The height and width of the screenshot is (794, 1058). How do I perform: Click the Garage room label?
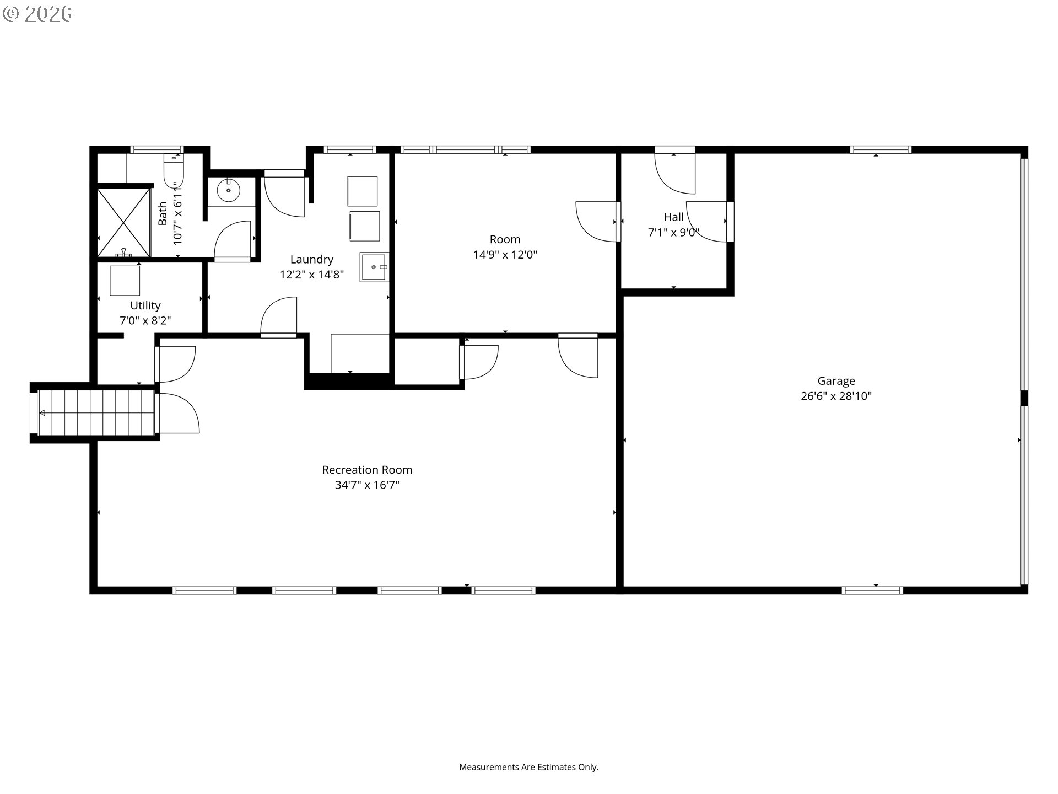(836, 380)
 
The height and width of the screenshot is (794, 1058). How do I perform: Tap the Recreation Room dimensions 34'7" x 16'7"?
(367, 485)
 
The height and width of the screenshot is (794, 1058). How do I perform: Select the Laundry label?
(312, 259)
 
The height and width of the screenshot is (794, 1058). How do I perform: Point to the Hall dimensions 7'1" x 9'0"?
(673, 233)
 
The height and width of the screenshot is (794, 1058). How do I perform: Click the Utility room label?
(145, 305)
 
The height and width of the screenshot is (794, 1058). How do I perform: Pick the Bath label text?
(163, 213)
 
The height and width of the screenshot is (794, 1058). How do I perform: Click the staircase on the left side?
(96, 412)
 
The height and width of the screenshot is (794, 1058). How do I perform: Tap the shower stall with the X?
(124, 223)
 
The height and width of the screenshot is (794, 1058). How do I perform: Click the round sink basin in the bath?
(228, 191)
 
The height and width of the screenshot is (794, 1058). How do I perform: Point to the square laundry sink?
(375, 267)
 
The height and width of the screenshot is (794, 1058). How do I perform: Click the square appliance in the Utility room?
(125, 281)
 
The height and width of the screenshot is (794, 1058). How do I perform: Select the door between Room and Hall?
(597, 221)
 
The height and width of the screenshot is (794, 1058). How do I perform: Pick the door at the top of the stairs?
(177, 414)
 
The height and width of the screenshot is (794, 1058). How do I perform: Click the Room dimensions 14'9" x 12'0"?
(505, 255)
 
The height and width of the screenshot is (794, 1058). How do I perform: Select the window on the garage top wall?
(880, 149)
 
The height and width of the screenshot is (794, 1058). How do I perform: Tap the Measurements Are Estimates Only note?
(528, 767)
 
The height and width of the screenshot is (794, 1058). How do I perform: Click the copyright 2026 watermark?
(37, 14)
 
